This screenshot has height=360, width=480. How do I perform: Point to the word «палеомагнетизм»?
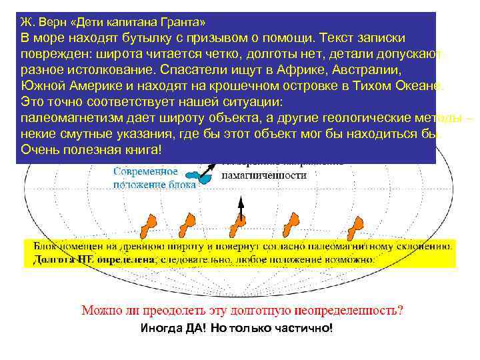pyautogui.click(x=76, y=118)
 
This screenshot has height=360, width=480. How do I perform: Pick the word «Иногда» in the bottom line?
pyautogui.click(x=159, y=329)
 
